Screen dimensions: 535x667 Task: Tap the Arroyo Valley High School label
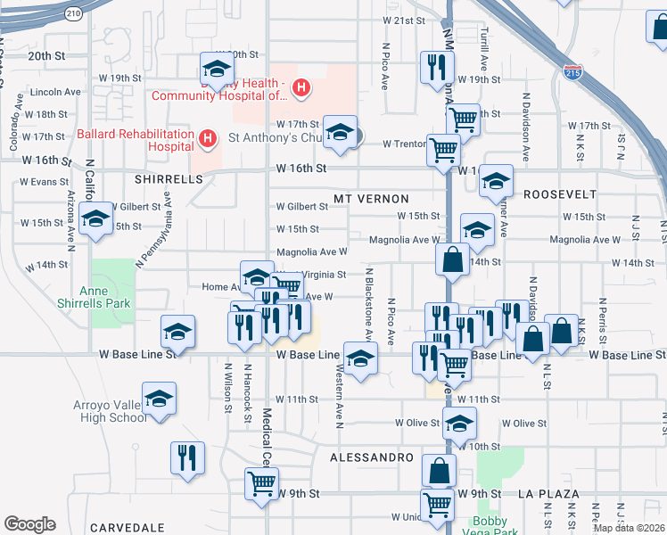point(110,411)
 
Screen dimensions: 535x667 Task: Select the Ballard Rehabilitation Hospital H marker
point(208,138)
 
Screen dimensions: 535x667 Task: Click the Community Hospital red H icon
point(302,88)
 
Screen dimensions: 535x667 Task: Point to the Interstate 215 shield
point(572,72)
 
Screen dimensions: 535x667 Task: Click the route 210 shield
point(74,12)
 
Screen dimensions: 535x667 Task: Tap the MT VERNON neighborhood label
point(371,198)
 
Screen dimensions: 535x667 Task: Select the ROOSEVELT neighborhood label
point(559,194)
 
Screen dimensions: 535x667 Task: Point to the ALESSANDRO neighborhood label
point(371,457)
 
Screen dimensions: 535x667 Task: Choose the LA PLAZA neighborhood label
point(548,493)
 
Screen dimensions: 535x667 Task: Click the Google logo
point(29,524)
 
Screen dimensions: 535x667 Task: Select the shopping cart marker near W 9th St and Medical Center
point(261,484)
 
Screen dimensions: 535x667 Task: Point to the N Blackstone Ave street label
point(368,303)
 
